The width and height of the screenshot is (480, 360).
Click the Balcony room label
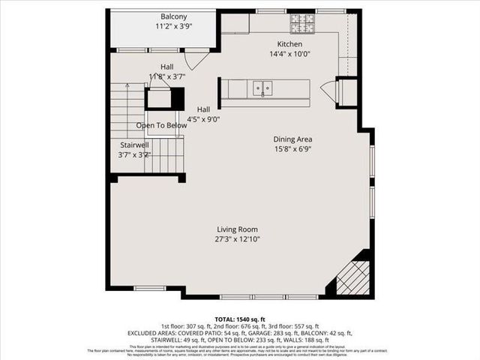[173, 16]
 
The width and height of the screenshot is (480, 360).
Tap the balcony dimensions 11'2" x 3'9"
[173, 26]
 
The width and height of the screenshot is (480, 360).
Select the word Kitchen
[289, 44]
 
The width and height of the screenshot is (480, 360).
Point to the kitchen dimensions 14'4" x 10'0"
[289, 54]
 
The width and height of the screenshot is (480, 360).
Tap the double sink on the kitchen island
[262, 88]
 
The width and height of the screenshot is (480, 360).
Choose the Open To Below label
[160, 125]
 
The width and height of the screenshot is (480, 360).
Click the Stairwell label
[136, 145]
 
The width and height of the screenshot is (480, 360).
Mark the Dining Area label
[292, 139]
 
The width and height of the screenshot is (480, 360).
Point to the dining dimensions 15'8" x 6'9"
[292, 148]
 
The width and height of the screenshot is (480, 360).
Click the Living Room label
[238, 229]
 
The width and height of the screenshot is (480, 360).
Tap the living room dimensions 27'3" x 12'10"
[238, 239]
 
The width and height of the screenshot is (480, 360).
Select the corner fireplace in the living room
[353, 276]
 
